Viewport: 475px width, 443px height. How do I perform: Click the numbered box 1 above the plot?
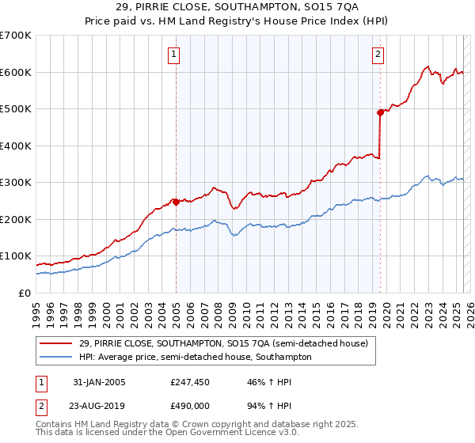click(x=173, y=55)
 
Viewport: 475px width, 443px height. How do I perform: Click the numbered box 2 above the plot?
click(x=378, y=55)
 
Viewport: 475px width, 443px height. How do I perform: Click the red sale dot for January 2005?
click(x=176, y=202)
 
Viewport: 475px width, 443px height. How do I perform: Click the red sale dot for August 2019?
click(x=381, y=112)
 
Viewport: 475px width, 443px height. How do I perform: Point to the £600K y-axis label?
click(x=16, y=72)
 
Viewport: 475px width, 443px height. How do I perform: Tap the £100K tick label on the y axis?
click(x=16, y=256)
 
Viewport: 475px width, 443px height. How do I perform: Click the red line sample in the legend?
click(x=57, y=344)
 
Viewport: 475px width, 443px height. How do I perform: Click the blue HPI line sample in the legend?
click(x=57, y=358)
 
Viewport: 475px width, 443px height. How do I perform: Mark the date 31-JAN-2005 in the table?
click(x=96, y=381)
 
